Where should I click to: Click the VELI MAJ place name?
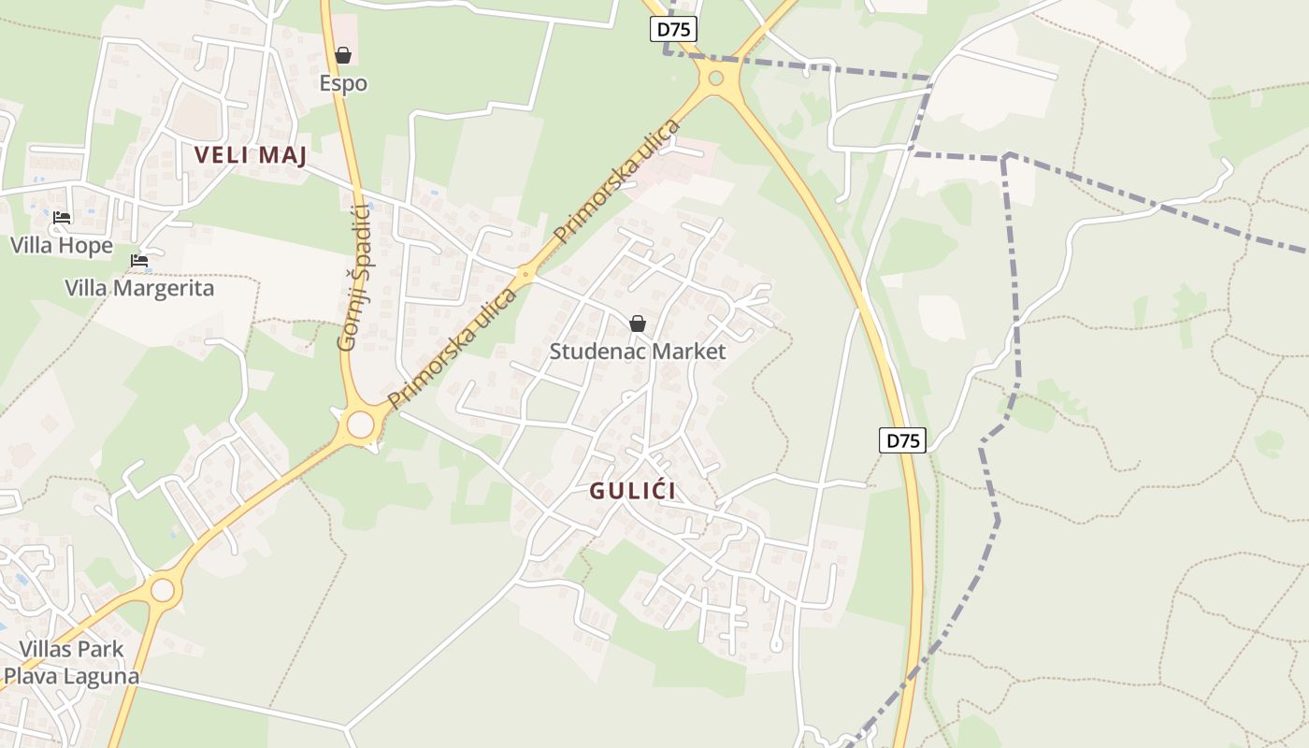pos(251,155)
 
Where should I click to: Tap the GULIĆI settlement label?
pos(633,491)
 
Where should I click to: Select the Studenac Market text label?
pos(638,352)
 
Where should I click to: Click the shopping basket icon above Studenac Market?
pos(638,324)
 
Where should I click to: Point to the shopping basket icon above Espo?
pos(343,55)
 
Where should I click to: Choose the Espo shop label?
pos(343,83)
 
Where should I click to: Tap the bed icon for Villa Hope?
pos(62,218)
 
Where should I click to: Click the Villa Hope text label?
pos(62,246)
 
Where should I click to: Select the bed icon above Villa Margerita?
pos(139,260)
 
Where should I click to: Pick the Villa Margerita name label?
pos(139,288)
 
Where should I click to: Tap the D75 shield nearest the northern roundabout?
pos(674,29)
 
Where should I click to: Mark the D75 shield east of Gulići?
pos(902,440)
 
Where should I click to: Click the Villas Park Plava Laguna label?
pos(71,662)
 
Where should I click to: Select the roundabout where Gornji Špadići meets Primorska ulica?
pos(360,424)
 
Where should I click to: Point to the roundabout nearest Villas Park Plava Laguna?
pos(163,590)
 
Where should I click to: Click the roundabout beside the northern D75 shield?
pos(716,79)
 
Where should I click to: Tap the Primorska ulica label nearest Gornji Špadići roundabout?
pos(453,349)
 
